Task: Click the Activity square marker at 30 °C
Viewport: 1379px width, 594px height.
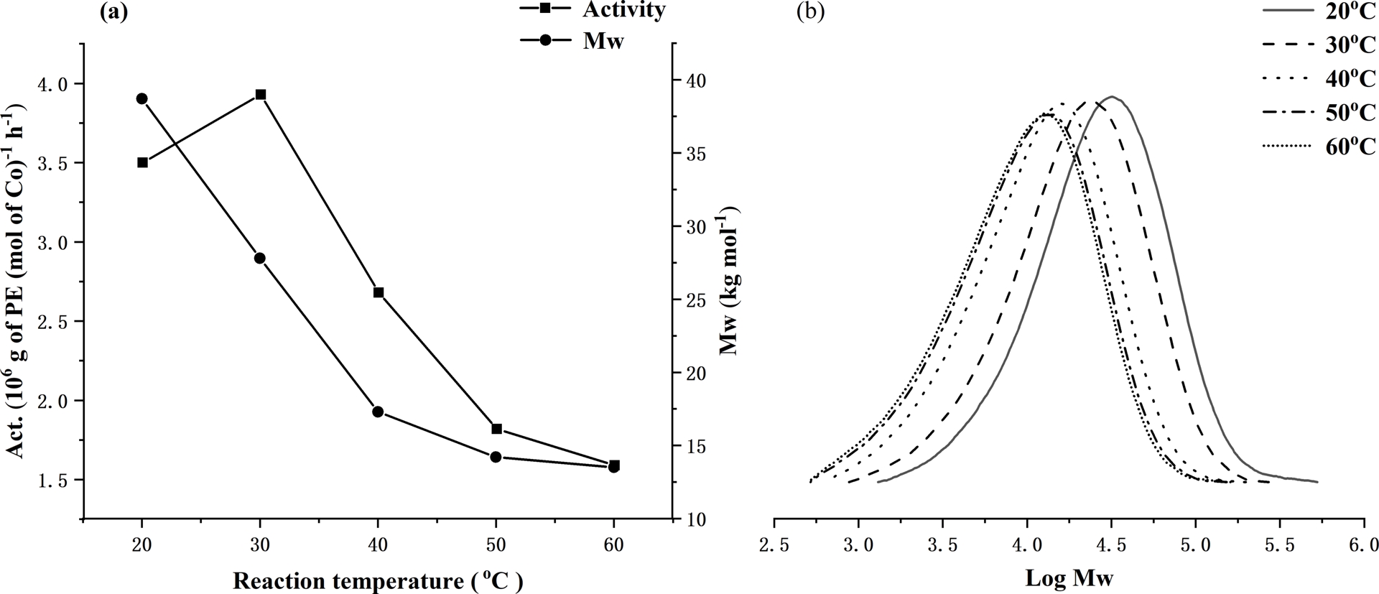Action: click(x=260, y=95)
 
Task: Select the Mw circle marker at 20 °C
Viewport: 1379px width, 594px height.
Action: click(x=141, y=98)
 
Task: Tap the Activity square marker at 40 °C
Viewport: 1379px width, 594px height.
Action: click(x=379, y=292)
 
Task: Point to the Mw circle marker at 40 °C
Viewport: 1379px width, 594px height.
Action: click(x=378, y=412)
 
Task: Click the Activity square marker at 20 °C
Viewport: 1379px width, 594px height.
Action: click(x=142, y=162)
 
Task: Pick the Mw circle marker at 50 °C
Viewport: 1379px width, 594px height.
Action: click(x=496, y=457)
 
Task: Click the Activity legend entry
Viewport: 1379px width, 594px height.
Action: click(x=623, y=9)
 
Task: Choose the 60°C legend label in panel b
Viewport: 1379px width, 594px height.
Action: click(x=1350, y=146)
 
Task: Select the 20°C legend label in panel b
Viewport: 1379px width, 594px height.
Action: click(x=1350, y=11)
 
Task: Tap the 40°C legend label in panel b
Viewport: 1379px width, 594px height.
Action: click(x=1350, y=78)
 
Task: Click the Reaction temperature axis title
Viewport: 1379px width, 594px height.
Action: click(x=377, y=580)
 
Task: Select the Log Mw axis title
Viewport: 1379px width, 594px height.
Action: click(x=1069, y=577)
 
